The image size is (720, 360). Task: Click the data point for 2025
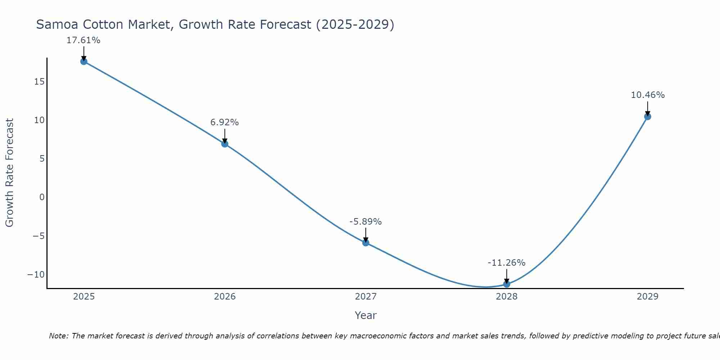tap(84, 62)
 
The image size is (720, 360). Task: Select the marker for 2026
tap(225, 144)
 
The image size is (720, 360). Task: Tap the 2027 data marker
tap(366, 243)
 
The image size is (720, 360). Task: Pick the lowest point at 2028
tap(507, 284)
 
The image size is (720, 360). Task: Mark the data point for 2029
tap(648, 117)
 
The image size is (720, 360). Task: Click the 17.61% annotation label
tap(83, 40)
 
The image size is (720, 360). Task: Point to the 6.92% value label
tap(225, 122)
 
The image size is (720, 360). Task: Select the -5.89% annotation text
tap(365, 222)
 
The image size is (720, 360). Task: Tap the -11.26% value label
tap(507, 263)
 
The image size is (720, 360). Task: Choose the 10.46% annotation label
tap(648, 95)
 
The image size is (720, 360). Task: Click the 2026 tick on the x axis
tap(225, 297)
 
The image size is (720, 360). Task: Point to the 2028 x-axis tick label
tap(507, 297)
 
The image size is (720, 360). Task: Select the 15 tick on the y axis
tap(39, 82)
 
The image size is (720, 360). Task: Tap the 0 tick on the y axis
tap(42, 197)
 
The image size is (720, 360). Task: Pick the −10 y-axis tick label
tap(36, 275)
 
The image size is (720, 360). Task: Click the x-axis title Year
tap(365, 315)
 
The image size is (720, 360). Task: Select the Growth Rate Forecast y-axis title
tap(9, 173)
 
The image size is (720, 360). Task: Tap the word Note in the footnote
tap(58, 336)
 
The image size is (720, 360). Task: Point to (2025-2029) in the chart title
tap(355, 24)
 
